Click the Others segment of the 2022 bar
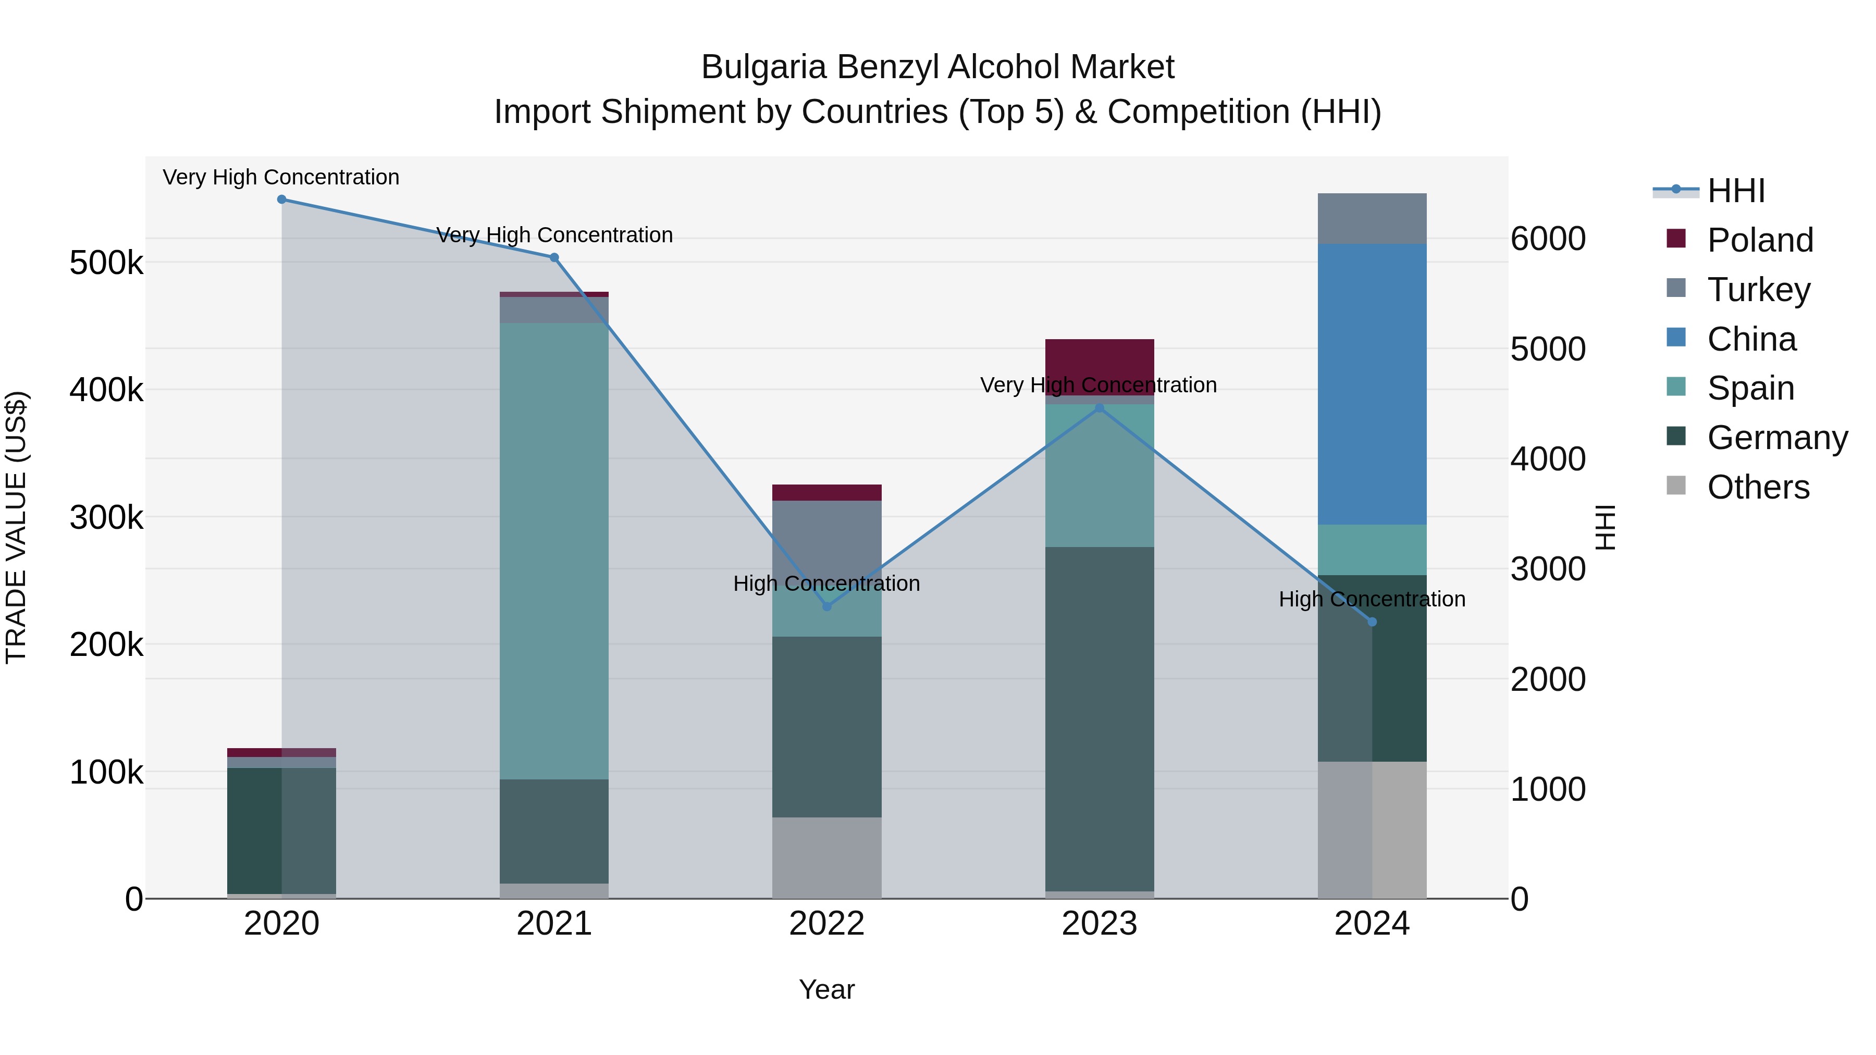(826, 857)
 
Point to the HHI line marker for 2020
(282, 200)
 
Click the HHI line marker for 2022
(826, 606)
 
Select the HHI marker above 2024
(1372, 622)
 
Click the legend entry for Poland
(1759, 240)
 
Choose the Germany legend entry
(1777, 438)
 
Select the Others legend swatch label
(1758, 487)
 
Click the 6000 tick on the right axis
(1548, 239)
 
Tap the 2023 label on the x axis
(1099, 924)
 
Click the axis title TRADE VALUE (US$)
(16, 527)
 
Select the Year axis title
(826, 989)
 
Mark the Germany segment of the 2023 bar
(1100, 718)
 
